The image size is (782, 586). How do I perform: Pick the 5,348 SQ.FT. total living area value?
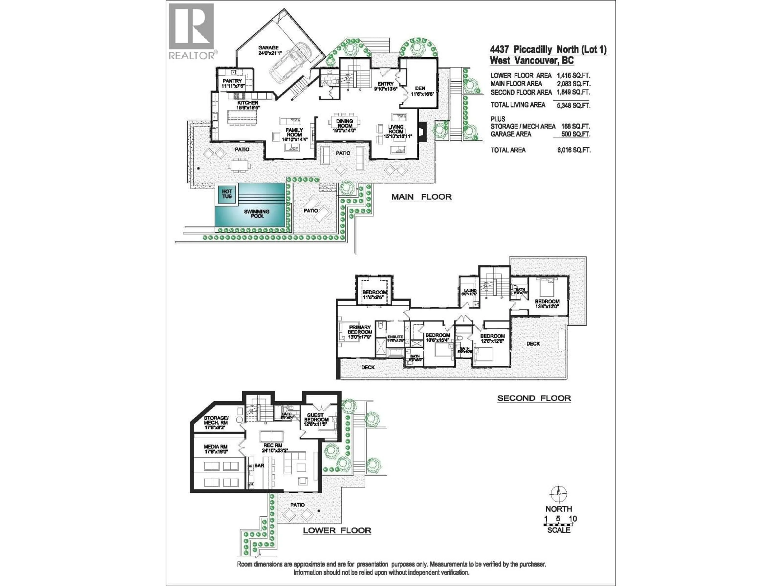click(573, 105)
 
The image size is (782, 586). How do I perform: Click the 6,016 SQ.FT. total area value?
click(573, 150)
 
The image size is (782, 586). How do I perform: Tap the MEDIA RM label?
click(216, 447)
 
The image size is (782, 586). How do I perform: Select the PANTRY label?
click(232, 81)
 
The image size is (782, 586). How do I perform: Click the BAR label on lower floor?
click(259, 466)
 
